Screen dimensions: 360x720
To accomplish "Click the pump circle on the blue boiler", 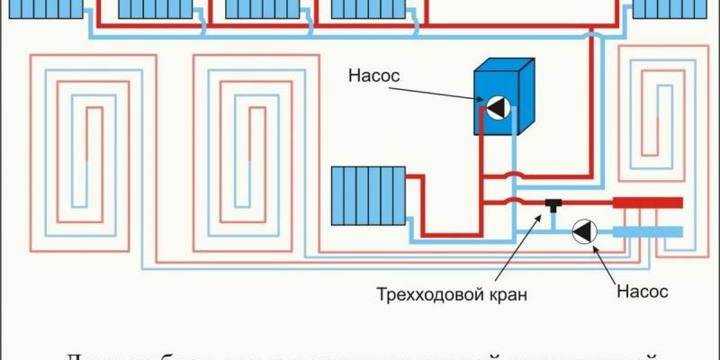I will [498, 108].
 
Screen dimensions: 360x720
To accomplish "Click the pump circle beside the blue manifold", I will [584, 231].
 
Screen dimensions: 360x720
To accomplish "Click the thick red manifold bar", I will [647, 203].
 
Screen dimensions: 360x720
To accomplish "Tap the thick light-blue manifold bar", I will [647, 232].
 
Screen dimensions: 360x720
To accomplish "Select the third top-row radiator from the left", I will [261, 9].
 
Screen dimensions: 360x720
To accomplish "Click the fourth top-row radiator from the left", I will [367, 9].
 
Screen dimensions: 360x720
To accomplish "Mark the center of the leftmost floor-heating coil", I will [81, 153].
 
